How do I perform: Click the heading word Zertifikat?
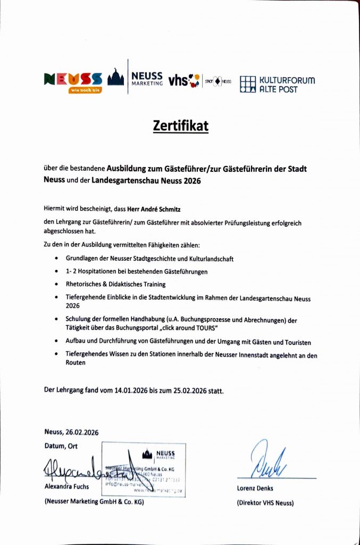click(x=180, y=126)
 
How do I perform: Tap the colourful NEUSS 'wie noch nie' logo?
click(x=72, y=81)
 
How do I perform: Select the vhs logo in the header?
click(x=183, y=80)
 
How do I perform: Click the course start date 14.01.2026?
click(x=131, y=390)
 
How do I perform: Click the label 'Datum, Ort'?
click(x=61, y=446)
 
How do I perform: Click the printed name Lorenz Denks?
click(x=257, y=489)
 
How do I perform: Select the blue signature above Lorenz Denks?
click(x=268, y=460)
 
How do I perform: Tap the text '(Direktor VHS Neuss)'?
click(x=265, y=502)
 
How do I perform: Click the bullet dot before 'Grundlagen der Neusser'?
click(x=56, y=259)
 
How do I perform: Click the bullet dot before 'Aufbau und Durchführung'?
click(x=56, y=342)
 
